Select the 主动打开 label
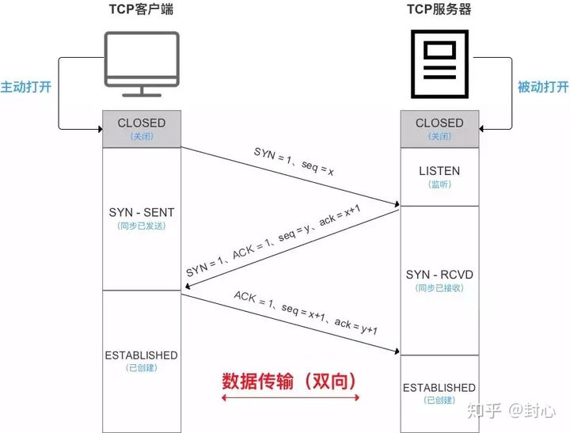25,86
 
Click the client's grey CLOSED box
142,128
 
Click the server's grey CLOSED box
439,128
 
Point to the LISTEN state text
439,171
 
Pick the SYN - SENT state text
142,213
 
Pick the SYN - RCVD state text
439,275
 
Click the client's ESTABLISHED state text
142,355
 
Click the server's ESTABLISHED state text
439,388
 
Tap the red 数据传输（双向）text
290,381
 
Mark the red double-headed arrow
290,399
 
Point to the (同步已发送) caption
142,226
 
